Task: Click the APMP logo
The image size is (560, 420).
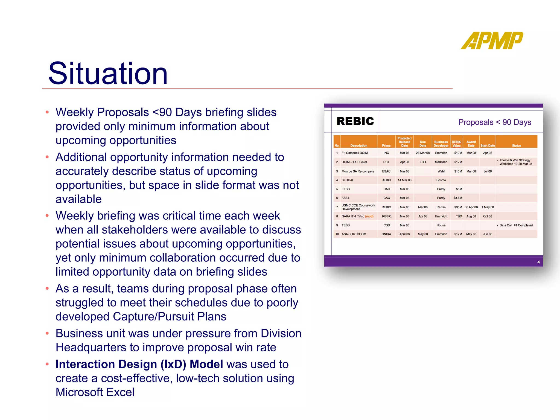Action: [492, 41]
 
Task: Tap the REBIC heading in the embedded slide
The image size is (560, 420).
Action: [355, 121]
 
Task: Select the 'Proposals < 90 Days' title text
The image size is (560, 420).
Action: [494, 122]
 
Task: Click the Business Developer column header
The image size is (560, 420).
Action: [441, 144]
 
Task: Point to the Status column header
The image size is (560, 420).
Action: [516, 145]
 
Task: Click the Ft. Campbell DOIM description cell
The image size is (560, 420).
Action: [354, 153]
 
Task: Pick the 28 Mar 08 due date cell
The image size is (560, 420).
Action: [422, 153]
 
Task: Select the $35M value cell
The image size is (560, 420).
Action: [458, 207]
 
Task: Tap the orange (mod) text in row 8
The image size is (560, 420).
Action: [369, 216]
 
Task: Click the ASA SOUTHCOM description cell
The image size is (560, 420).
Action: [354, 234]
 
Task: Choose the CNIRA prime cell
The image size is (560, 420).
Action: [386, 234]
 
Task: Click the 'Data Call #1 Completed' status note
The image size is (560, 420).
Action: [516, 225]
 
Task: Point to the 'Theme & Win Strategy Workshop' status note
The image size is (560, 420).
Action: [515, 162]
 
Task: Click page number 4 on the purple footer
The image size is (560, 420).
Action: [538, 262]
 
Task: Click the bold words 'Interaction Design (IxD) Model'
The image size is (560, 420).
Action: [139, 364]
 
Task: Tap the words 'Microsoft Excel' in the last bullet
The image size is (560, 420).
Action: [95, 392]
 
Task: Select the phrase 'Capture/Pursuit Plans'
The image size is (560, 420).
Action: [170, 317]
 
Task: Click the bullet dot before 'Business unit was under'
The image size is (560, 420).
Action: [47, 333]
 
